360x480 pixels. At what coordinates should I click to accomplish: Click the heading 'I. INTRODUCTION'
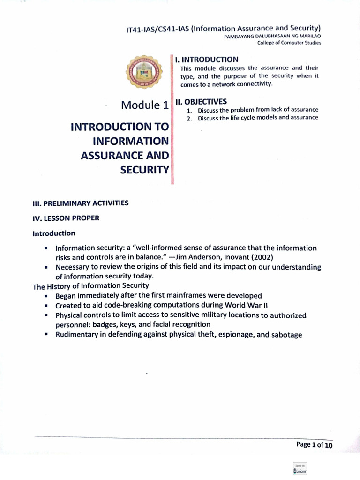click(206, 60)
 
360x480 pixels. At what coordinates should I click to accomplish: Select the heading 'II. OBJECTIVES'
click(201, 101)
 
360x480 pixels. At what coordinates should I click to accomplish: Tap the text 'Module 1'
click(144, 105)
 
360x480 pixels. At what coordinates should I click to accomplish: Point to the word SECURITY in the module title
click(144, 170)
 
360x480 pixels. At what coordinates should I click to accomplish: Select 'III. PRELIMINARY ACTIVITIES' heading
click(80, 202)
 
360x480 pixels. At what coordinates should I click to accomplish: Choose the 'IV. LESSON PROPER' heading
click(66, 218)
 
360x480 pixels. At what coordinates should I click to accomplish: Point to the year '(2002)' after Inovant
click(261, 257)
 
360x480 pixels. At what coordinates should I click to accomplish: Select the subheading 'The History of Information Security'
click(91, 285)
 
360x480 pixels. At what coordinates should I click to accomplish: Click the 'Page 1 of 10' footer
click(314, 445)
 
